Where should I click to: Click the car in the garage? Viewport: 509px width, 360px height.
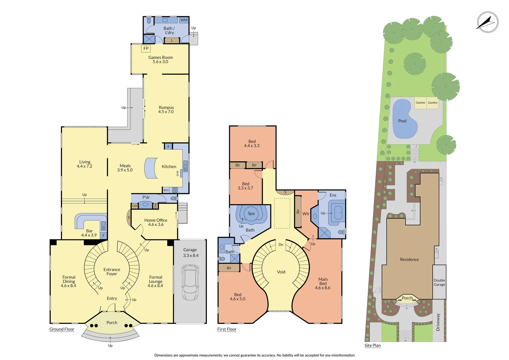(190, 283)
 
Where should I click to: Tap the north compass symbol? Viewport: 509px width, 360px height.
(487, 22)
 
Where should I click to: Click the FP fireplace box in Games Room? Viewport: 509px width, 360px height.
(146, 49)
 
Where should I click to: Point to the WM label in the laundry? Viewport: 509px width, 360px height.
(184, 20)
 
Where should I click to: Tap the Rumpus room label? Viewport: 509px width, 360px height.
(166, 108)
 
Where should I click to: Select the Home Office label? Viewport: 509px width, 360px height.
(156, 220)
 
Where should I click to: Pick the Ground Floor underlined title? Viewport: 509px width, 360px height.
(62, 329)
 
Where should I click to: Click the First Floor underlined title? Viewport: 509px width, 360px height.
(227, 329)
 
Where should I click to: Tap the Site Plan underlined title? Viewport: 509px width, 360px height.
(372, 345)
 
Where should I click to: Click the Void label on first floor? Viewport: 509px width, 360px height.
(281, 272)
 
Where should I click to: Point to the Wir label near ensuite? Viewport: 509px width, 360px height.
(306, 214)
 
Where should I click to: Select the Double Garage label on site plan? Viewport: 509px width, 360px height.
(439, 282)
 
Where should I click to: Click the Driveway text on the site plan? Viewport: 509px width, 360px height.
(438, 322)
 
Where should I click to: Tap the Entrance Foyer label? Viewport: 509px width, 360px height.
(112, 272)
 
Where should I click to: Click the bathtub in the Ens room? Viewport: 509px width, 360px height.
(338, 213)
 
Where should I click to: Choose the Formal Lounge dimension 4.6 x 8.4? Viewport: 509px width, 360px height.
(155, 286)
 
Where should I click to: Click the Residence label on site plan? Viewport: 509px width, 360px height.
(409, 259)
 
